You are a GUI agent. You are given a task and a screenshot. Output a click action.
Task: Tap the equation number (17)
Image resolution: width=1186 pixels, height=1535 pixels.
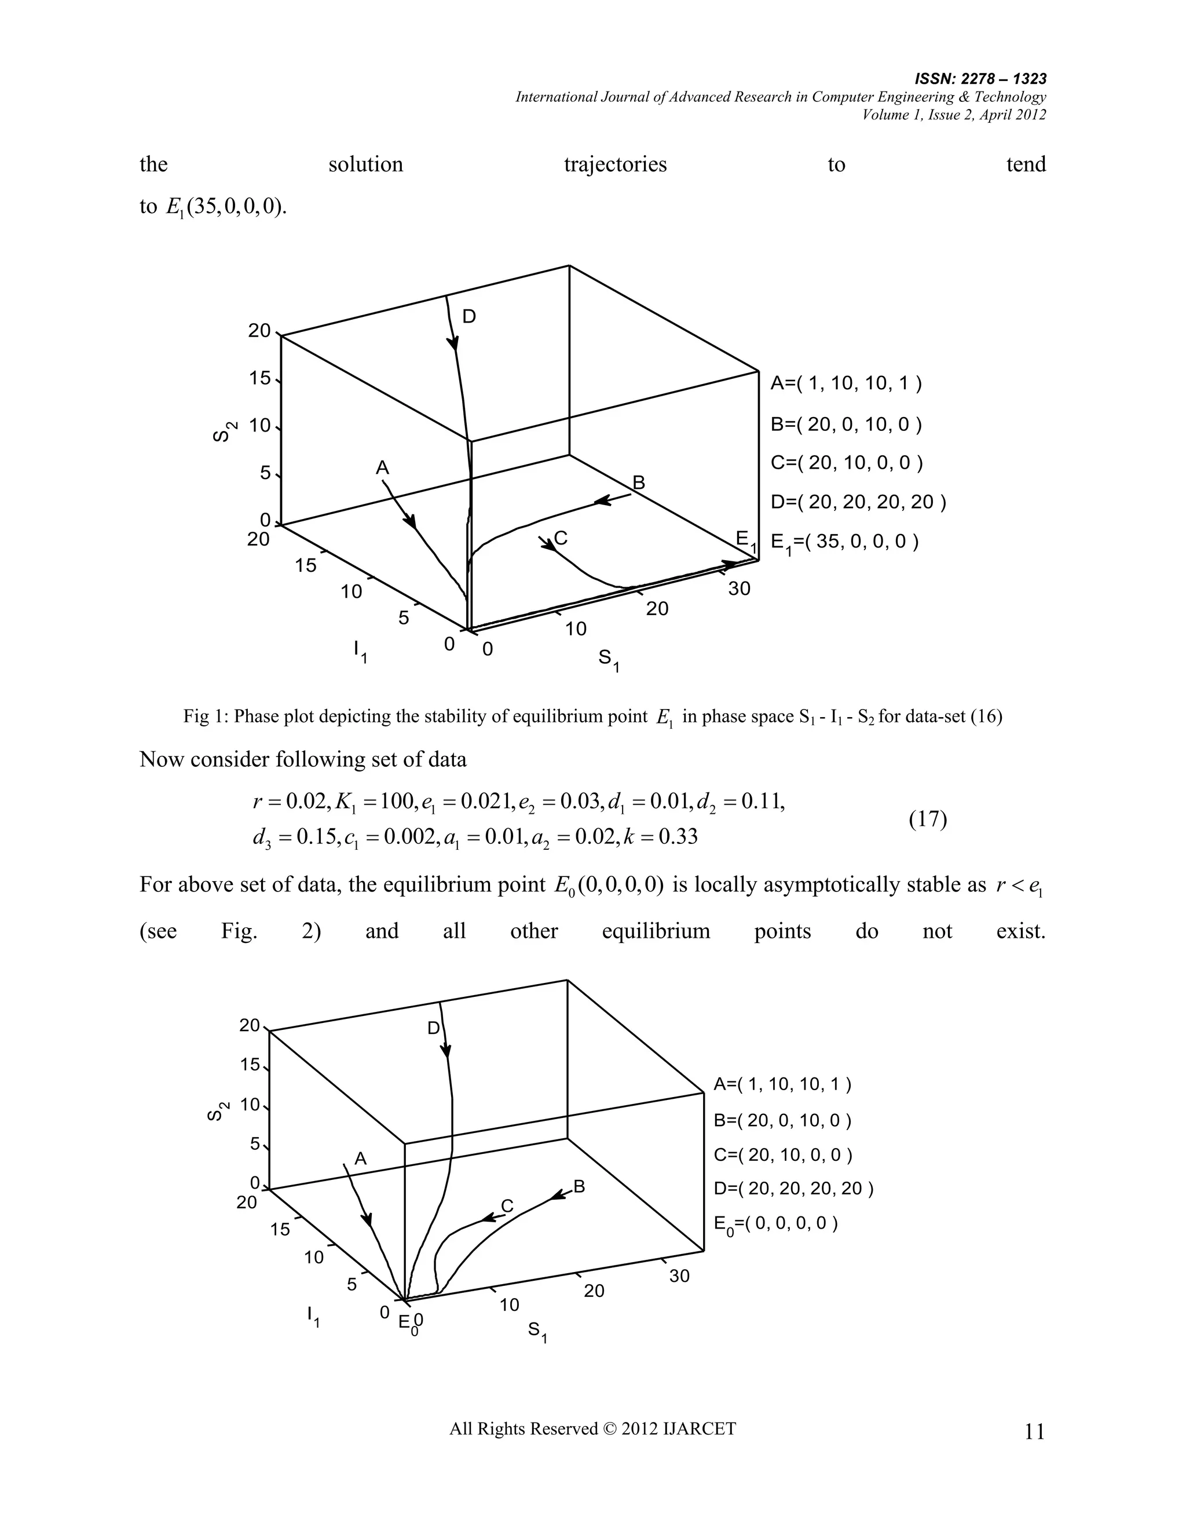(x=928, y=819)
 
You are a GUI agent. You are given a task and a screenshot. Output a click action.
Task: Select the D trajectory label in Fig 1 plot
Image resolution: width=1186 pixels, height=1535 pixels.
(x=468, y=317)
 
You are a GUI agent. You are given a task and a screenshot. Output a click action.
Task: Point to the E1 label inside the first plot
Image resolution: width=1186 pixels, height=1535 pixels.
(x=745, y=540)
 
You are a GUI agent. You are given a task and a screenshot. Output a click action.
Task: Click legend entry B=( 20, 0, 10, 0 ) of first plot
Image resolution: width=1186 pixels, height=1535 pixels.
(x=846, y=425)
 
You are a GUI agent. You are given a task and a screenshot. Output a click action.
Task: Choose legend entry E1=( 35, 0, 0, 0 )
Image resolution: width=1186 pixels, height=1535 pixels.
(x=844, y=542)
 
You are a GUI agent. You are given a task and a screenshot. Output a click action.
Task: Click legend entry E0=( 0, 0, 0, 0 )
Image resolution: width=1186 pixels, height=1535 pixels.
(x=775, y=1223)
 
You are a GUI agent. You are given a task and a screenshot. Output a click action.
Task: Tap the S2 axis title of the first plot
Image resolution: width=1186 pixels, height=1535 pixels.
(x=224, y=432)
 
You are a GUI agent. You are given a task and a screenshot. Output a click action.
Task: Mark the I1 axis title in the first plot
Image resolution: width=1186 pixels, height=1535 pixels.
(x=360, y=651)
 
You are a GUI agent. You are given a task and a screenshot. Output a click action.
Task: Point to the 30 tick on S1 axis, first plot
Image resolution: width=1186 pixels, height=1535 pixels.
(x=739, y=589)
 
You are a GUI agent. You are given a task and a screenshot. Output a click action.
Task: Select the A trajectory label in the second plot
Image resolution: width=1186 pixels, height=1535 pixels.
(x=360, y=1159)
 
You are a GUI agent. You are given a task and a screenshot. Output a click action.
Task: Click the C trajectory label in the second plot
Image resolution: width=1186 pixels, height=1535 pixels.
(x=507, y=1206)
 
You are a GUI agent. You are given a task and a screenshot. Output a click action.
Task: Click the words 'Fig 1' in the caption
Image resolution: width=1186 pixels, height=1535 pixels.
(x=200, y=717)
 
